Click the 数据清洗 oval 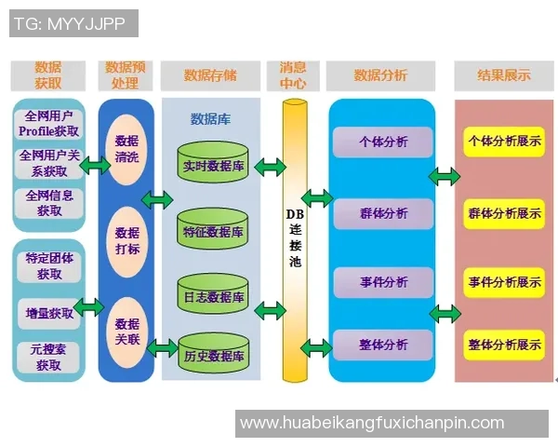[x=126, y=149]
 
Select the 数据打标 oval [x=126, y=241]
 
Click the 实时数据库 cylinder [x=214, y=164]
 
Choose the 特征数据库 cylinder [x=214, y=231]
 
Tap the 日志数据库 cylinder [x=214, y=295]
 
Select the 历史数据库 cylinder [x=214, y=355]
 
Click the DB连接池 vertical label [x=295, y=237]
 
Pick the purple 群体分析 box [x=382, y=213]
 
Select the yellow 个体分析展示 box [x=504, y=142]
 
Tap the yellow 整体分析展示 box [x=504, y=345]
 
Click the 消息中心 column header [x=294, y=75]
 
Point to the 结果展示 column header [x=503, y=75]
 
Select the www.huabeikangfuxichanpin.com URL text [x=372, y=423]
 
